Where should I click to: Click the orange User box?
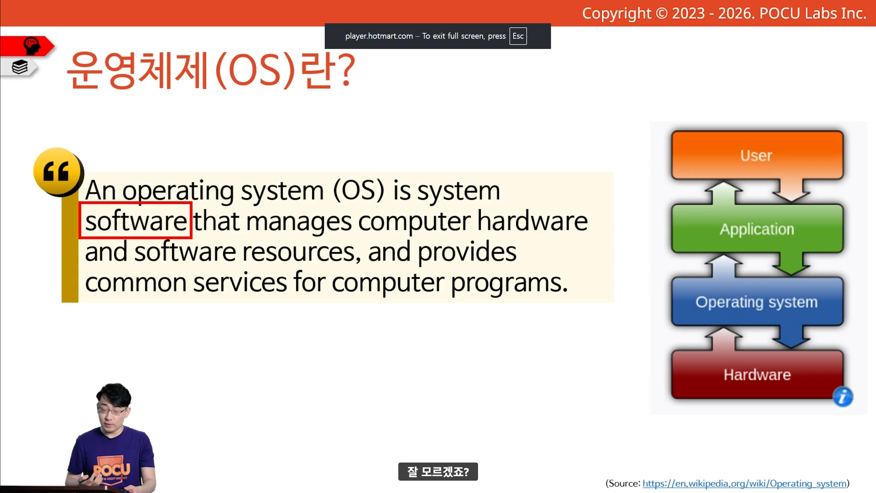click(757, 155)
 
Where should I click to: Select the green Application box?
click(757, 229)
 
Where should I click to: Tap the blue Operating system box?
click(757, 302)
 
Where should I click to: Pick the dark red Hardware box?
click(757, 375)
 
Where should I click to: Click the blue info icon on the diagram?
click(843, 397)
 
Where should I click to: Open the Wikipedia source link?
click(745, 483)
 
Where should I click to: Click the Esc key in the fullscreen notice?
click(518, 36)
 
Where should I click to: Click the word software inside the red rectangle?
click(136, 221)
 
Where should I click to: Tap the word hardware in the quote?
click(532, 221)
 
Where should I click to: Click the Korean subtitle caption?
click(438, 472)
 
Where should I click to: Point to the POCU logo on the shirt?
click(112, 470)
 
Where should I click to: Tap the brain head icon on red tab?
click(31, 46)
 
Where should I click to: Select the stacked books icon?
click(20, 67)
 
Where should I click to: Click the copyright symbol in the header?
click(662, 13)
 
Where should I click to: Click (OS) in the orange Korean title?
click(255, 71)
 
